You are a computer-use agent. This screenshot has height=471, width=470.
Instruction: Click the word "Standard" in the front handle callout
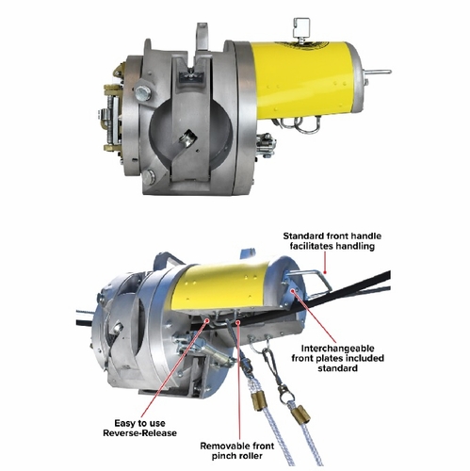click(302, 235)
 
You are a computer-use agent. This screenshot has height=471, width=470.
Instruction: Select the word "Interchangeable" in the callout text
click(337, 349)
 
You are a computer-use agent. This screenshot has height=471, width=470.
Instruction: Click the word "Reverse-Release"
click(139, 433)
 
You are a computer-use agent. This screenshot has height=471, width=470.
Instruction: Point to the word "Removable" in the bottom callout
click(222, 446)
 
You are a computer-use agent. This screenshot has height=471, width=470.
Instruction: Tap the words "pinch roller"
click(236, 456)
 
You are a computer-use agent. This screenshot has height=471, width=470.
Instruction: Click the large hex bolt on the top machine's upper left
click(143, 93)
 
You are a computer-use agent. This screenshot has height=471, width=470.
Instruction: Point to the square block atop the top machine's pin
click(300, 26)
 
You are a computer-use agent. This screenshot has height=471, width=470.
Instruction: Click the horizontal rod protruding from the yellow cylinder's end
click(378, 72)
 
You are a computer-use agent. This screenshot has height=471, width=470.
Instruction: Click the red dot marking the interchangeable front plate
click(293, 291)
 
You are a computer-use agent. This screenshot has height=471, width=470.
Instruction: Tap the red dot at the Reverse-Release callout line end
click(207, 319)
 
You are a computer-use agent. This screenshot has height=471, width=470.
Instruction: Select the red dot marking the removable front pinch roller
click(238, 322)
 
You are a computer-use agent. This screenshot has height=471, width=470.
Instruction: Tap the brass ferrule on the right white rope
click(301, 414)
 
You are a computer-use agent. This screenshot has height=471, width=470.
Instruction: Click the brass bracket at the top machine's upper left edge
click(120, 71)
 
